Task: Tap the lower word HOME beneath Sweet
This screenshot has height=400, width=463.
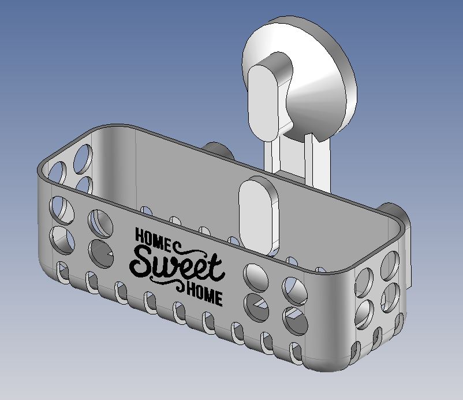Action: pyautogui.click(x=204, y=294)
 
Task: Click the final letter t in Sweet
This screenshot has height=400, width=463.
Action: pyautogui.click(x=217, y=266)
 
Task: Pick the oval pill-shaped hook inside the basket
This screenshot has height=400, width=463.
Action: pyautogui.click(x=259, y=215)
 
